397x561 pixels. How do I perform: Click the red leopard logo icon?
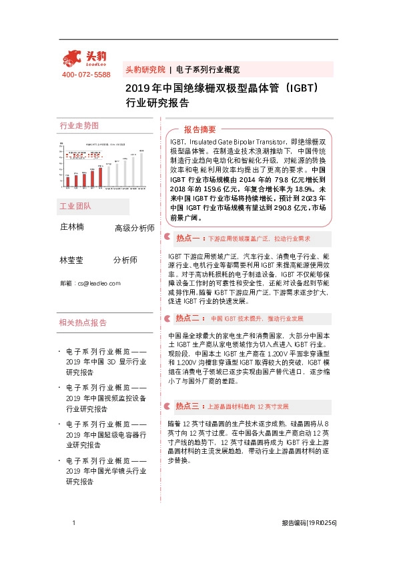click(x=73, y=59)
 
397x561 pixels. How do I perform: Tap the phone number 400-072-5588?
click(x=86, y=75)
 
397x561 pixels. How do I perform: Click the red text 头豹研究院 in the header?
click(x=145, y=69)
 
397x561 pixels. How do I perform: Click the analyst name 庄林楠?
click(x=72, y=227)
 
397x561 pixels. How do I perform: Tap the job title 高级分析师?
click(x=135, y=229)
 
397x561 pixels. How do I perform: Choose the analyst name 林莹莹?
click(x=72, y=260)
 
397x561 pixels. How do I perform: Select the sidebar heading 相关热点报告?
click(x=83, y=322)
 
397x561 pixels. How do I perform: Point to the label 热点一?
click(x=187, y=238)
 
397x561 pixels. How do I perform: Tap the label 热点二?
click(x=187, y=318)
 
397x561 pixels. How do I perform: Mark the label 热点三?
click(x=187, y=406)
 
